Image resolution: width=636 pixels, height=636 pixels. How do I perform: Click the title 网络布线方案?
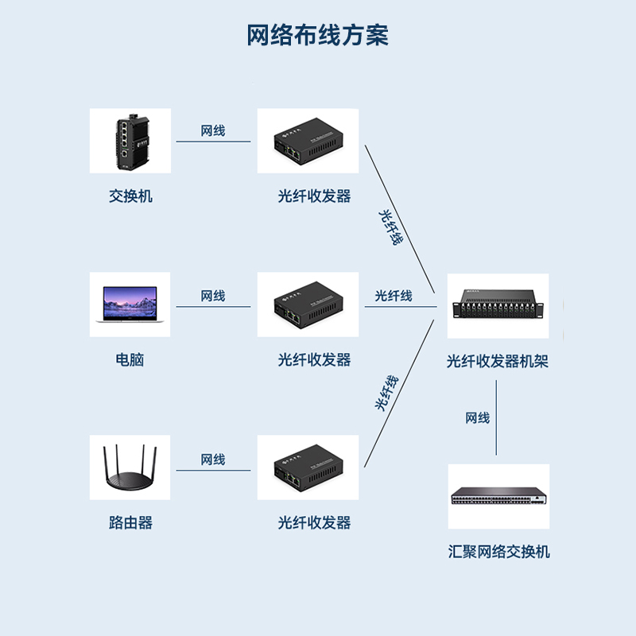click(x=317, y=36)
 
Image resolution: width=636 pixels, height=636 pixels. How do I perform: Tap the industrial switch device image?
click(x=130, y=141)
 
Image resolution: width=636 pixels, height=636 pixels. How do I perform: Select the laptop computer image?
click(x=130, y=304)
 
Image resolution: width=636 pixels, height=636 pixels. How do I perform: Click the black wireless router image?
click(x=130, y=468)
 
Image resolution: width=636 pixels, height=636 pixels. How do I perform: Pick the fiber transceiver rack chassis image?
click(x=498, y=305)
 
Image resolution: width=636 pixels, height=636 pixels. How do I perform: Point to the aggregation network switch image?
click(x=498, y=497)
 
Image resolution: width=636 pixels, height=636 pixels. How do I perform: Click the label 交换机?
click(x=130, y=196)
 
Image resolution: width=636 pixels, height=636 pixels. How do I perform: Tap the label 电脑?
click(x=130, y=359)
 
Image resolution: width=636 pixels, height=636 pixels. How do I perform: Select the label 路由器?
click(x=130, y=523)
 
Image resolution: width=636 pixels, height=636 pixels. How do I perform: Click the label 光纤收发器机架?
click(x=498, y=362)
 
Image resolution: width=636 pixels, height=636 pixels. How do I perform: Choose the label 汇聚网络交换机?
click(x=498, y=552)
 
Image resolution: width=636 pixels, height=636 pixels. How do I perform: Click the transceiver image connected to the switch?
click(x=308, y=141)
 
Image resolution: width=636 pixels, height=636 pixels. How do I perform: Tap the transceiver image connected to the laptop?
click(x=308, y=304)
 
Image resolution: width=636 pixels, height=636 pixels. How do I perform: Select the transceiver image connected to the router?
click(x=308, y=468)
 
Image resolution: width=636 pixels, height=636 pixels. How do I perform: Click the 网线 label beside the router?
click(x=213, y=460)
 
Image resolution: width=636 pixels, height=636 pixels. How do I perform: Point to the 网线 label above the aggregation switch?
click(x=478, y=418)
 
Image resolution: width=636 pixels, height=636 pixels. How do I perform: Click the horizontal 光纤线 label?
click(x=394, y=296)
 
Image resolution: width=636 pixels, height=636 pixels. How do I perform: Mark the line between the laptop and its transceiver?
click(x=213, y=307)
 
